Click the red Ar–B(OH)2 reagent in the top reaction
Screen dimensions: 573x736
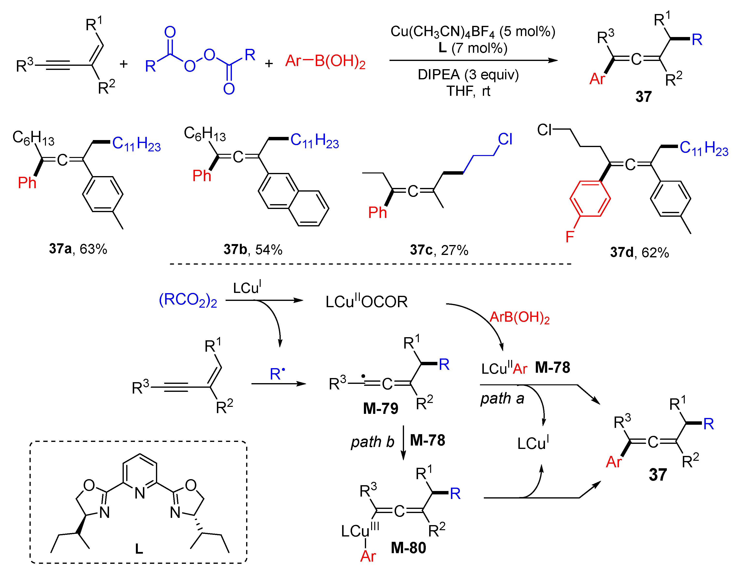[325, 61]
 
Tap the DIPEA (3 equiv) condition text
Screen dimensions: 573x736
[468, 74]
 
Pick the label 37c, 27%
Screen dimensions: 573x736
[439, 250]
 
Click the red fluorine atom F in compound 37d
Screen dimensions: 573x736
[569, 237]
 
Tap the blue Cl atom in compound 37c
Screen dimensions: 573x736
[505, 139]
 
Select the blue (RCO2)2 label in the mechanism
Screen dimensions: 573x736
[188, 300]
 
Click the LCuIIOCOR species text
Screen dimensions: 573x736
[366, 301]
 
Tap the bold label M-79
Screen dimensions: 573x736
[381, 409]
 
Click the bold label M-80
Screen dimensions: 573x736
[408, 548]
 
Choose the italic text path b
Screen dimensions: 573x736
[372, 442]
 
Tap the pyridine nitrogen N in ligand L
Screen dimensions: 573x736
[140, 493]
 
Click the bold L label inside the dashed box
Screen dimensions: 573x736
[139, 549]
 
